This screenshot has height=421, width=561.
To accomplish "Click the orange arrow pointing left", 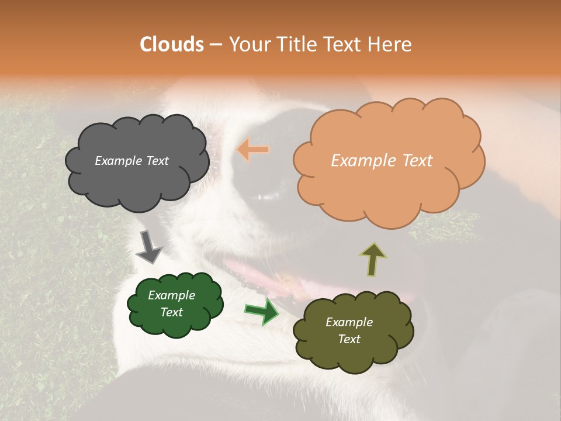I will [x=253, y=150].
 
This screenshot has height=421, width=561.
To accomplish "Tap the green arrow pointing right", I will [x=261, y=311].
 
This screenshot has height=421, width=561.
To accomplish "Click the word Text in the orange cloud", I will [x=414, y=161].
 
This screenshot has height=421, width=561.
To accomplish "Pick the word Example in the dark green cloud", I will [x=171, y=295].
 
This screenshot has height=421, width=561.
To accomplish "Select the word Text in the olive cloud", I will [x=349, y=339].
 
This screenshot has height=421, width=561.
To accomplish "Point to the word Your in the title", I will [x=247, y=44].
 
